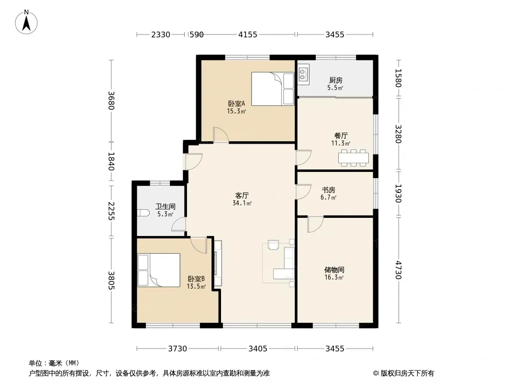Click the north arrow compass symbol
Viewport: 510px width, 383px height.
click(26, 22)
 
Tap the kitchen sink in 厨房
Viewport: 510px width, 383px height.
click(303, 74)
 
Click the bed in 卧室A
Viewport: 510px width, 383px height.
click(273, 89)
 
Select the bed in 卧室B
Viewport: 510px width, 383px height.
click(159, 270)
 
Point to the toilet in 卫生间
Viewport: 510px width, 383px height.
click(143, 213)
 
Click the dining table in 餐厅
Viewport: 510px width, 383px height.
click(353, 158)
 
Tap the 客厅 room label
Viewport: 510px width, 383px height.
click(242, 195)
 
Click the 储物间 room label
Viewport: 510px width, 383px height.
click(334, 270)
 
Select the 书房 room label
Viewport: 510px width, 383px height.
click(329, 190)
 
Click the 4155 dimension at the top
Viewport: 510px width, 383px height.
click(248, 34)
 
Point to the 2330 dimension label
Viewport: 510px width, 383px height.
click(161, 34)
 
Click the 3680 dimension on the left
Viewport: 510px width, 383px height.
click(111, 101)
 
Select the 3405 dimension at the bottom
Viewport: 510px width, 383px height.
click(258, 349)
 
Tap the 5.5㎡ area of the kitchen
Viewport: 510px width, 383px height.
click(335, 88)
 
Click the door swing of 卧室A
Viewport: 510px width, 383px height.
click(221, 135)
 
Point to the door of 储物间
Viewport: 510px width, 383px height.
click(315, 224)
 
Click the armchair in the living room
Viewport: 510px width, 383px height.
click(274, 245)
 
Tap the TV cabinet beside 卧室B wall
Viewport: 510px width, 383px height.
click(218, 263)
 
